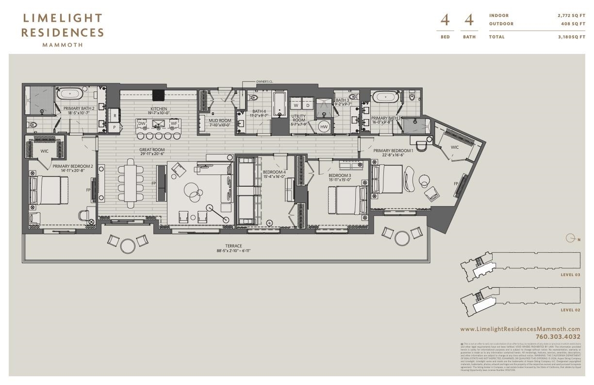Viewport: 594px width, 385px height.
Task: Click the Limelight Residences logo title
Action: click(63, 26)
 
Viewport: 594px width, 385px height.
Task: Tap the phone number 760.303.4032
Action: click(558, 336)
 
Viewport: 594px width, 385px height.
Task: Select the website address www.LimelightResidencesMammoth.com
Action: click(520, 329)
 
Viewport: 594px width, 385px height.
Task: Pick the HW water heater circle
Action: click(324, 127)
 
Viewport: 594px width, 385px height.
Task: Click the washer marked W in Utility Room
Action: click(296, 105)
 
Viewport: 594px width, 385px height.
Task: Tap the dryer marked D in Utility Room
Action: click(308, 105)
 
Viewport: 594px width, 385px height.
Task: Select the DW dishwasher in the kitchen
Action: click(142, 123)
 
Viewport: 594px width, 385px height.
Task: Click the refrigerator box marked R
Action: click(115, 116)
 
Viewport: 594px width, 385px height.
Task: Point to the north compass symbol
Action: click(571, 238)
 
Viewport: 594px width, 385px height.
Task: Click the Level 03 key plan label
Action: click(570, 275)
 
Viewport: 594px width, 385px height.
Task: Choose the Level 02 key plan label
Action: click(570, 310)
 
